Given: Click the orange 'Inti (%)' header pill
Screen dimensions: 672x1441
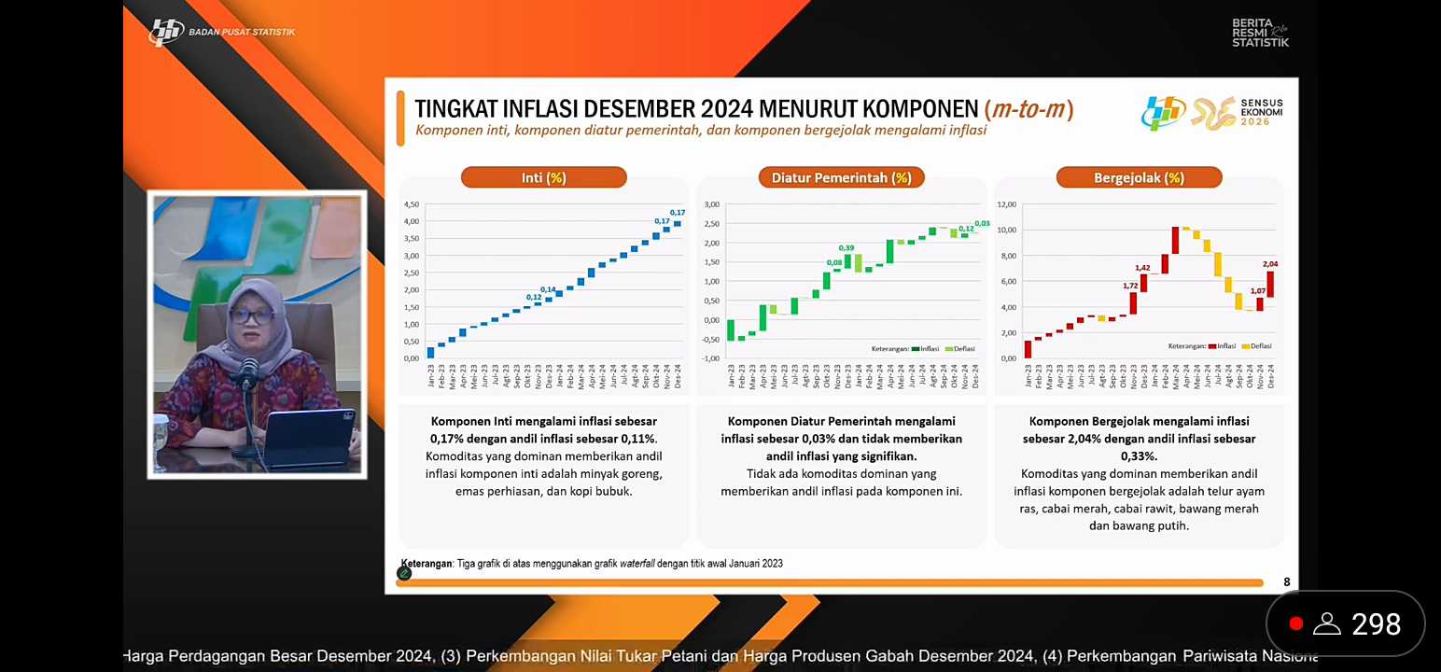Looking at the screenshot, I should pos(543,177).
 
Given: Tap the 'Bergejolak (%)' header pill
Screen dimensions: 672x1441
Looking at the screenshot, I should pos(1139,177).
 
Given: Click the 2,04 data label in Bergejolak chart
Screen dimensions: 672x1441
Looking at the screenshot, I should pos(1270,264).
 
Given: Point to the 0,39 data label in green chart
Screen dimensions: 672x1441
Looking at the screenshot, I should pos(846,247).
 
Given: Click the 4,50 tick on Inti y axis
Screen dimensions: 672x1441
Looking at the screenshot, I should pos(411,204).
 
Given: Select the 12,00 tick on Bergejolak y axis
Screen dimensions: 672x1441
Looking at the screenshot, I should pos(1006,204).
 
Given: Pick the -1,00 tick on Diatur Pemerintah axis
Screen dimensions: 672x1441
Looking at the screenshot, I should pos(711,358).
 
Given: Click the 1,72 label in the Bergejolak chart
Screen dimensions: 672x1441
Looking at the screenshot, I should pos(1130,286).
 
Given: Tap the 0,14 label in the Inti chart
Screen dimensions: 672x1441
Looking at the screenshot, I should pos(548,289).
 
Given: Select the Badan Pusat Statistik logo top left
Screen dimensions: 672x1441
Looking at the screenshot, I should pos(222,32).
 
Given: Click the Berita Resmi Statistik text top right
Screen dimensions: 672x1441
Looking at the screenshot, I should pos(1260,33).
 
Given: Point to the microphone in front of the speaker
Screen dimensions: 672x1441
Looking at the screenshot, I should pos(248,372).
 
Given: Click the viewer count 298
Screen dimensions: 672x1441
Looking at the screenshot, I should pos(1376,623).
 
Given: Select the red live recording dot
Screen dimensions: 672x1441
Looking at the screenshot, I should pos(1295,623).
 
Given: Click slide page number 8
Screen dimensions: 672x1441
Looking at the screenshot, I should pos(1286,582).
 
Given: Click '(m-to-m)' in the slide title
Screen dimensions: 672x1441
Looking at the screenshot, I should pos(1028,109).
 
